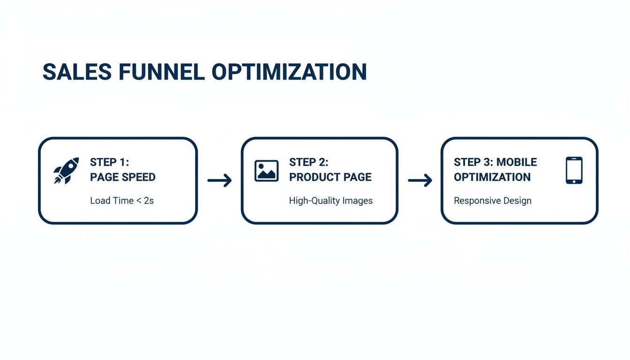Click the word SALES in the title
77,72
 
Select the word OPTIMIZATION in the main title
289,72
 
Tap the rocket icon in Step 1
66,171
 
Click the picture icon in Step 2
266,171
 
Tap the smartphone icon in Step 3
574,171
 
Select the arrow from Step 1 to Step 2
219,180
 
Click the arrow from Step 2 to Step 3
420,180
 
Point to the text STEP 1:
109,162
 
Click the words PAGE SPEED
122,177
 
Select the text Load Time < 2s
121,201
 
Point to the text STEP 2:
308,162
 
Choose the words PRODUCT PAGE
330,177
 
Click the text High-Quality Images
330,201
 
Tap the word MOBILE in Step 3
517,162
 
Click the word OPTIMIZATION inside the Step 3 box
492,177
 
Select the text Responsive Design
492,201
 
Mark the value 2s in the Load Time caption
149,201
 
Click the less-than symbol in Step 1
139,201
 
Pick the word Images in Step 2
357,201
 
